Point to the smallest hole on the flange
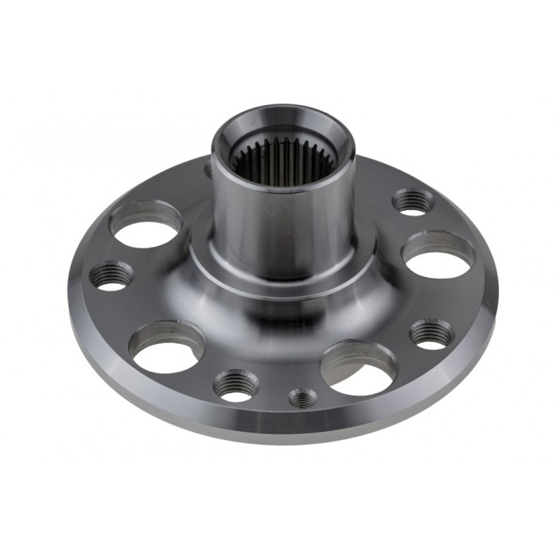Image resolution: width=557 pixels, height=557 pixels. pos(302,397)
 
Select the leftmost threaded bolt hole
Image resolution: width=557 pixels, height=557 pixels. pos(111,275)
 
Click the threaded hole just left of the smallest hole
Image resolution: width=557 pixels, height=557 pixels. pos(236,385)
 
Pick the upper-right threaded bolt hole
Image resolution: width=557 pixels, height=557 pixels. pos(413,201)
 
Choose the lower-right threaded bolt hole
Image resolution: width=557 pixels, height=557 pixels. pos(432,333)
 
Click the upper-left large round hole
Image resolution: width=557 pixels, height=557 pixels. pos(145,226)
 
